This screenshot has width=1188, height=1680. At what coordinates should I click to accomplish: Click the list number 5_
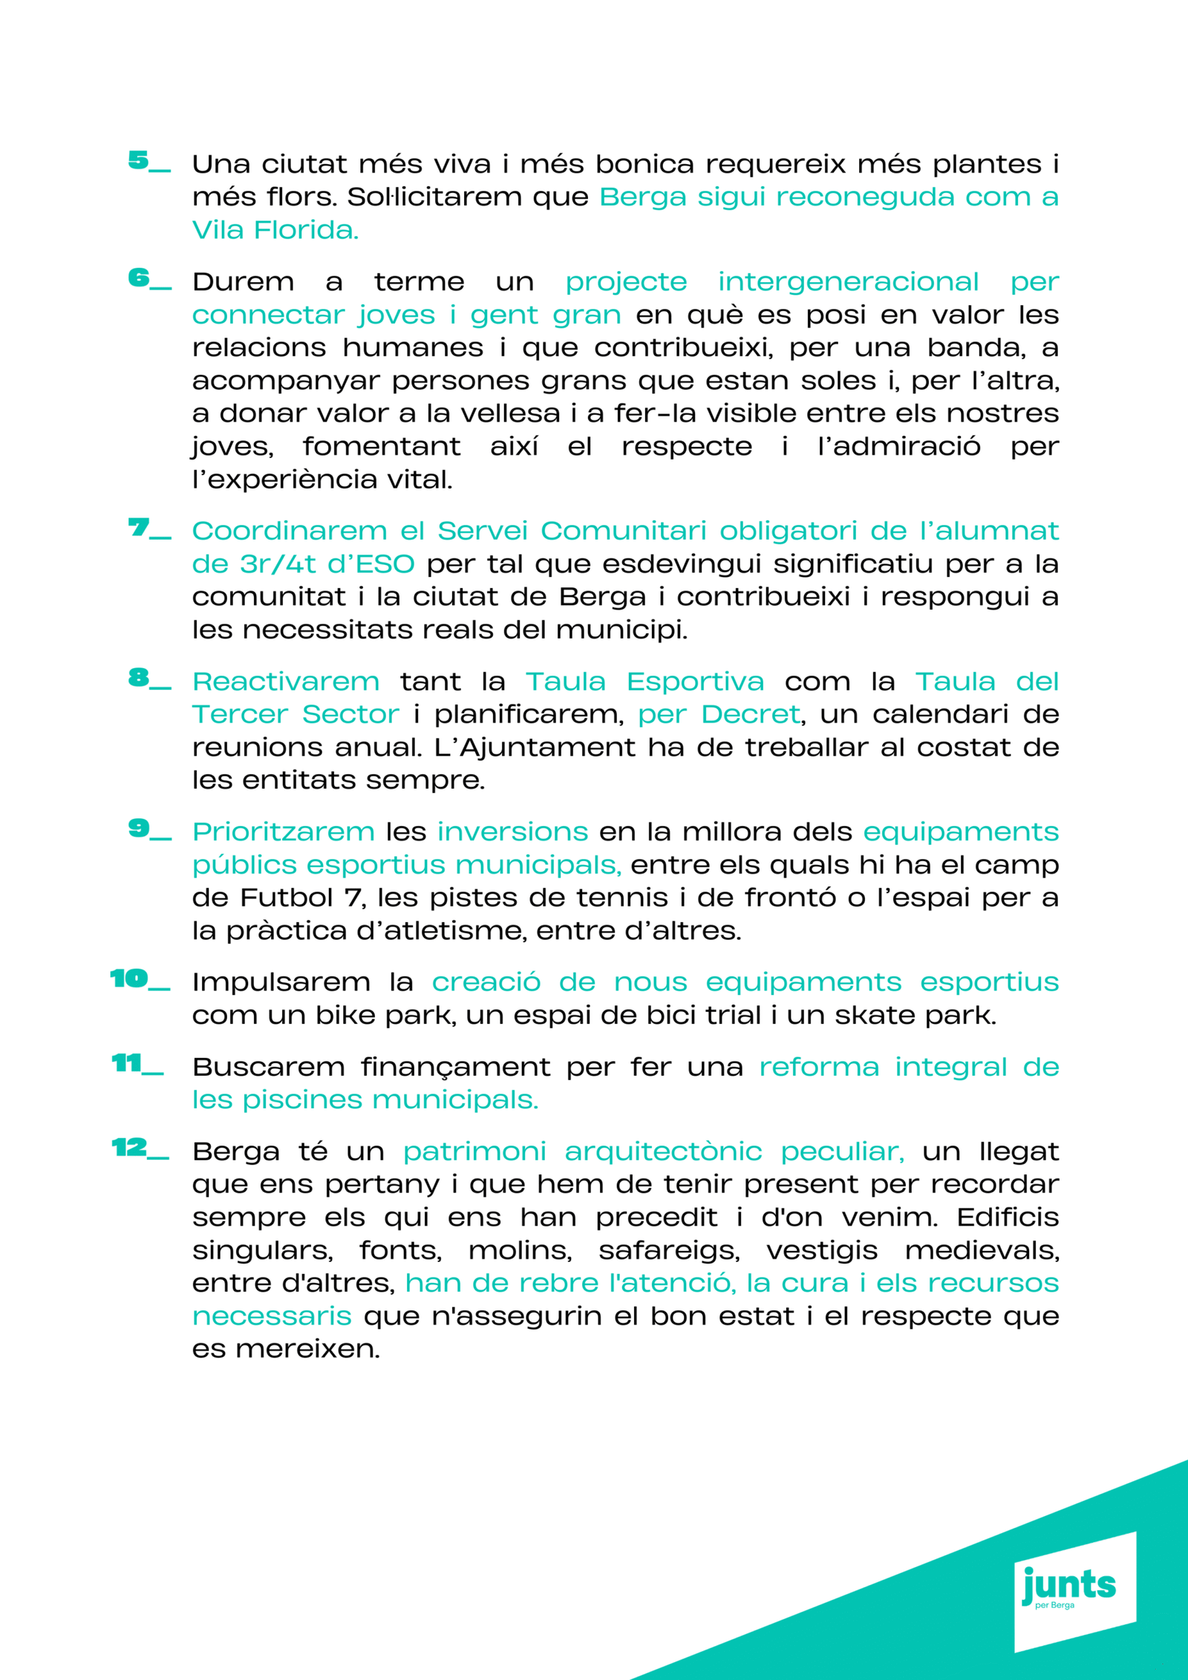tap(148, 161)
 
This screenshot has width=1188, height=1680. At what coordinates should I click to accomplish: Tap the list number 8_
tap(148, 678)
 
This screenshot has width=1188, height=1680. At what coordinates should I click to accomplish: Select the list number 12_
tap(140, 1148)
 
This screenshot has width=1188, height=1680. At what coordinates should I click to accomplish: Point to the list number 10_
tap(140, 979)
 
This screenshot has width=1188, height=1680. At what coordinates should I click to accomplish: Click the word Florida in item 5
tap(306, 230)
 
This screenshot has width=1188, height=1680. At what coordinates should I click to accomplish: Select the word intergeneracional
tap(848, 282)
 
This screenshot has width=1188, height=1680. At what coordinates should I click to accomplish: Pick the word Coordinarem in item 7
tap(290, 531)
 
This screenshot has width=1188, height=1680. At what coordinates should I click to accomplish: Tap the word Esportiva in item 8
tap(695, 682)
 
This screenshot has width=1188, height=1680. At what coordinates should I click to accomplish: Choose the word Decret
tap(750, 714)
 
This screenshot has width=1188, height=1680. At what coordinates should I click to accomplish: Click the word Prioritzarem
tap(284, 831)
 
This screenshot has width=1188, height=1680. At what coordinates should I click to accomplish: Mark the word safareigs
tap(669, 1251)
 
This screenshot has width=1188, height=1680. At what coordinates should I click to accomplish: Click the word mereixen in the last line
tap(307, 1349)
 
